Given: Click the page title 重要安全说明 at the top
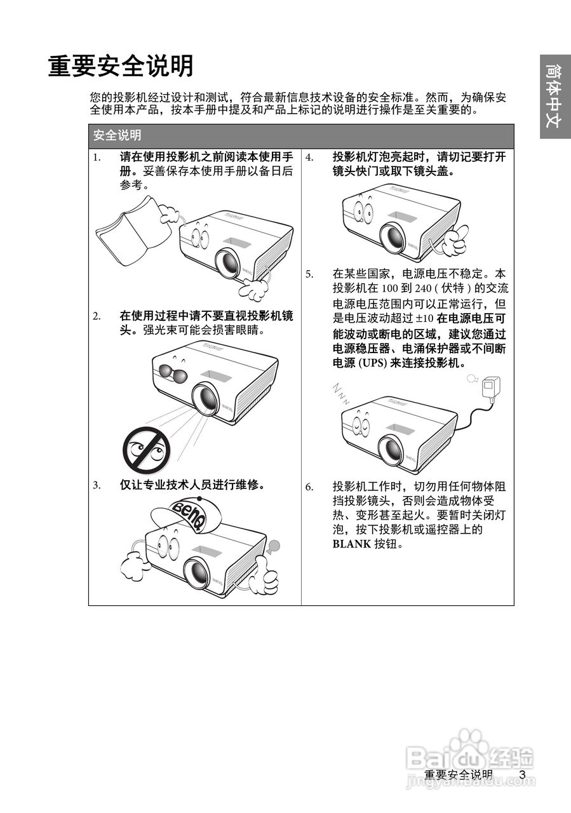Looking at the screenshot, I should (121, 66).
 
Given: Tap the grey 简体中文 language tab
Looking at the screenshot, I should (554, 96).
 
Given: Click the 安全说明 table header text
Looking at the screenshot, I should (117, 135).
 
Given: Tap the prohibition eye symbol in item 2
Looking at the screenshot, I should (146, 450).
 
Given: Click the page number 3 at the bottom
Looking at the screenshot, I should (522, 774).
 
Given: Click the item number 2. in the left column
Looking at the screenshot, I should (97, 316).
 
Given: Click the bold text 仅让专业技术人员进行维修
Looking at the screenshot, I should (192, 485).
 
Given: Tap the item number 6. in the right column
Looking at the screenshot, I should (309, 487).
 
